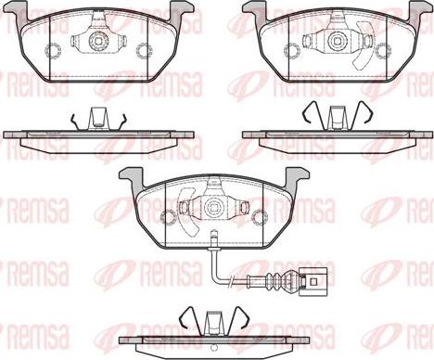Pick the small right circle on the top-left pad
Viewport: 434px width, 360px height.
[144, 50]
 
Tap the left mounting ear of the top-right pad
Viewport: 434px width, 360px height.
[252, 12]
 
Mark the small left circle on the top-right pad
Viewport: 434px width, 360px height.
[286, 50]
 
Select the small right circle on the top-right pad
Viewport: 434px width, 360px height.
[378, 50]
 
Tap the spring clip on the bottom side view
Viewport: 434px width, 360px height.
[213, 321]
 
